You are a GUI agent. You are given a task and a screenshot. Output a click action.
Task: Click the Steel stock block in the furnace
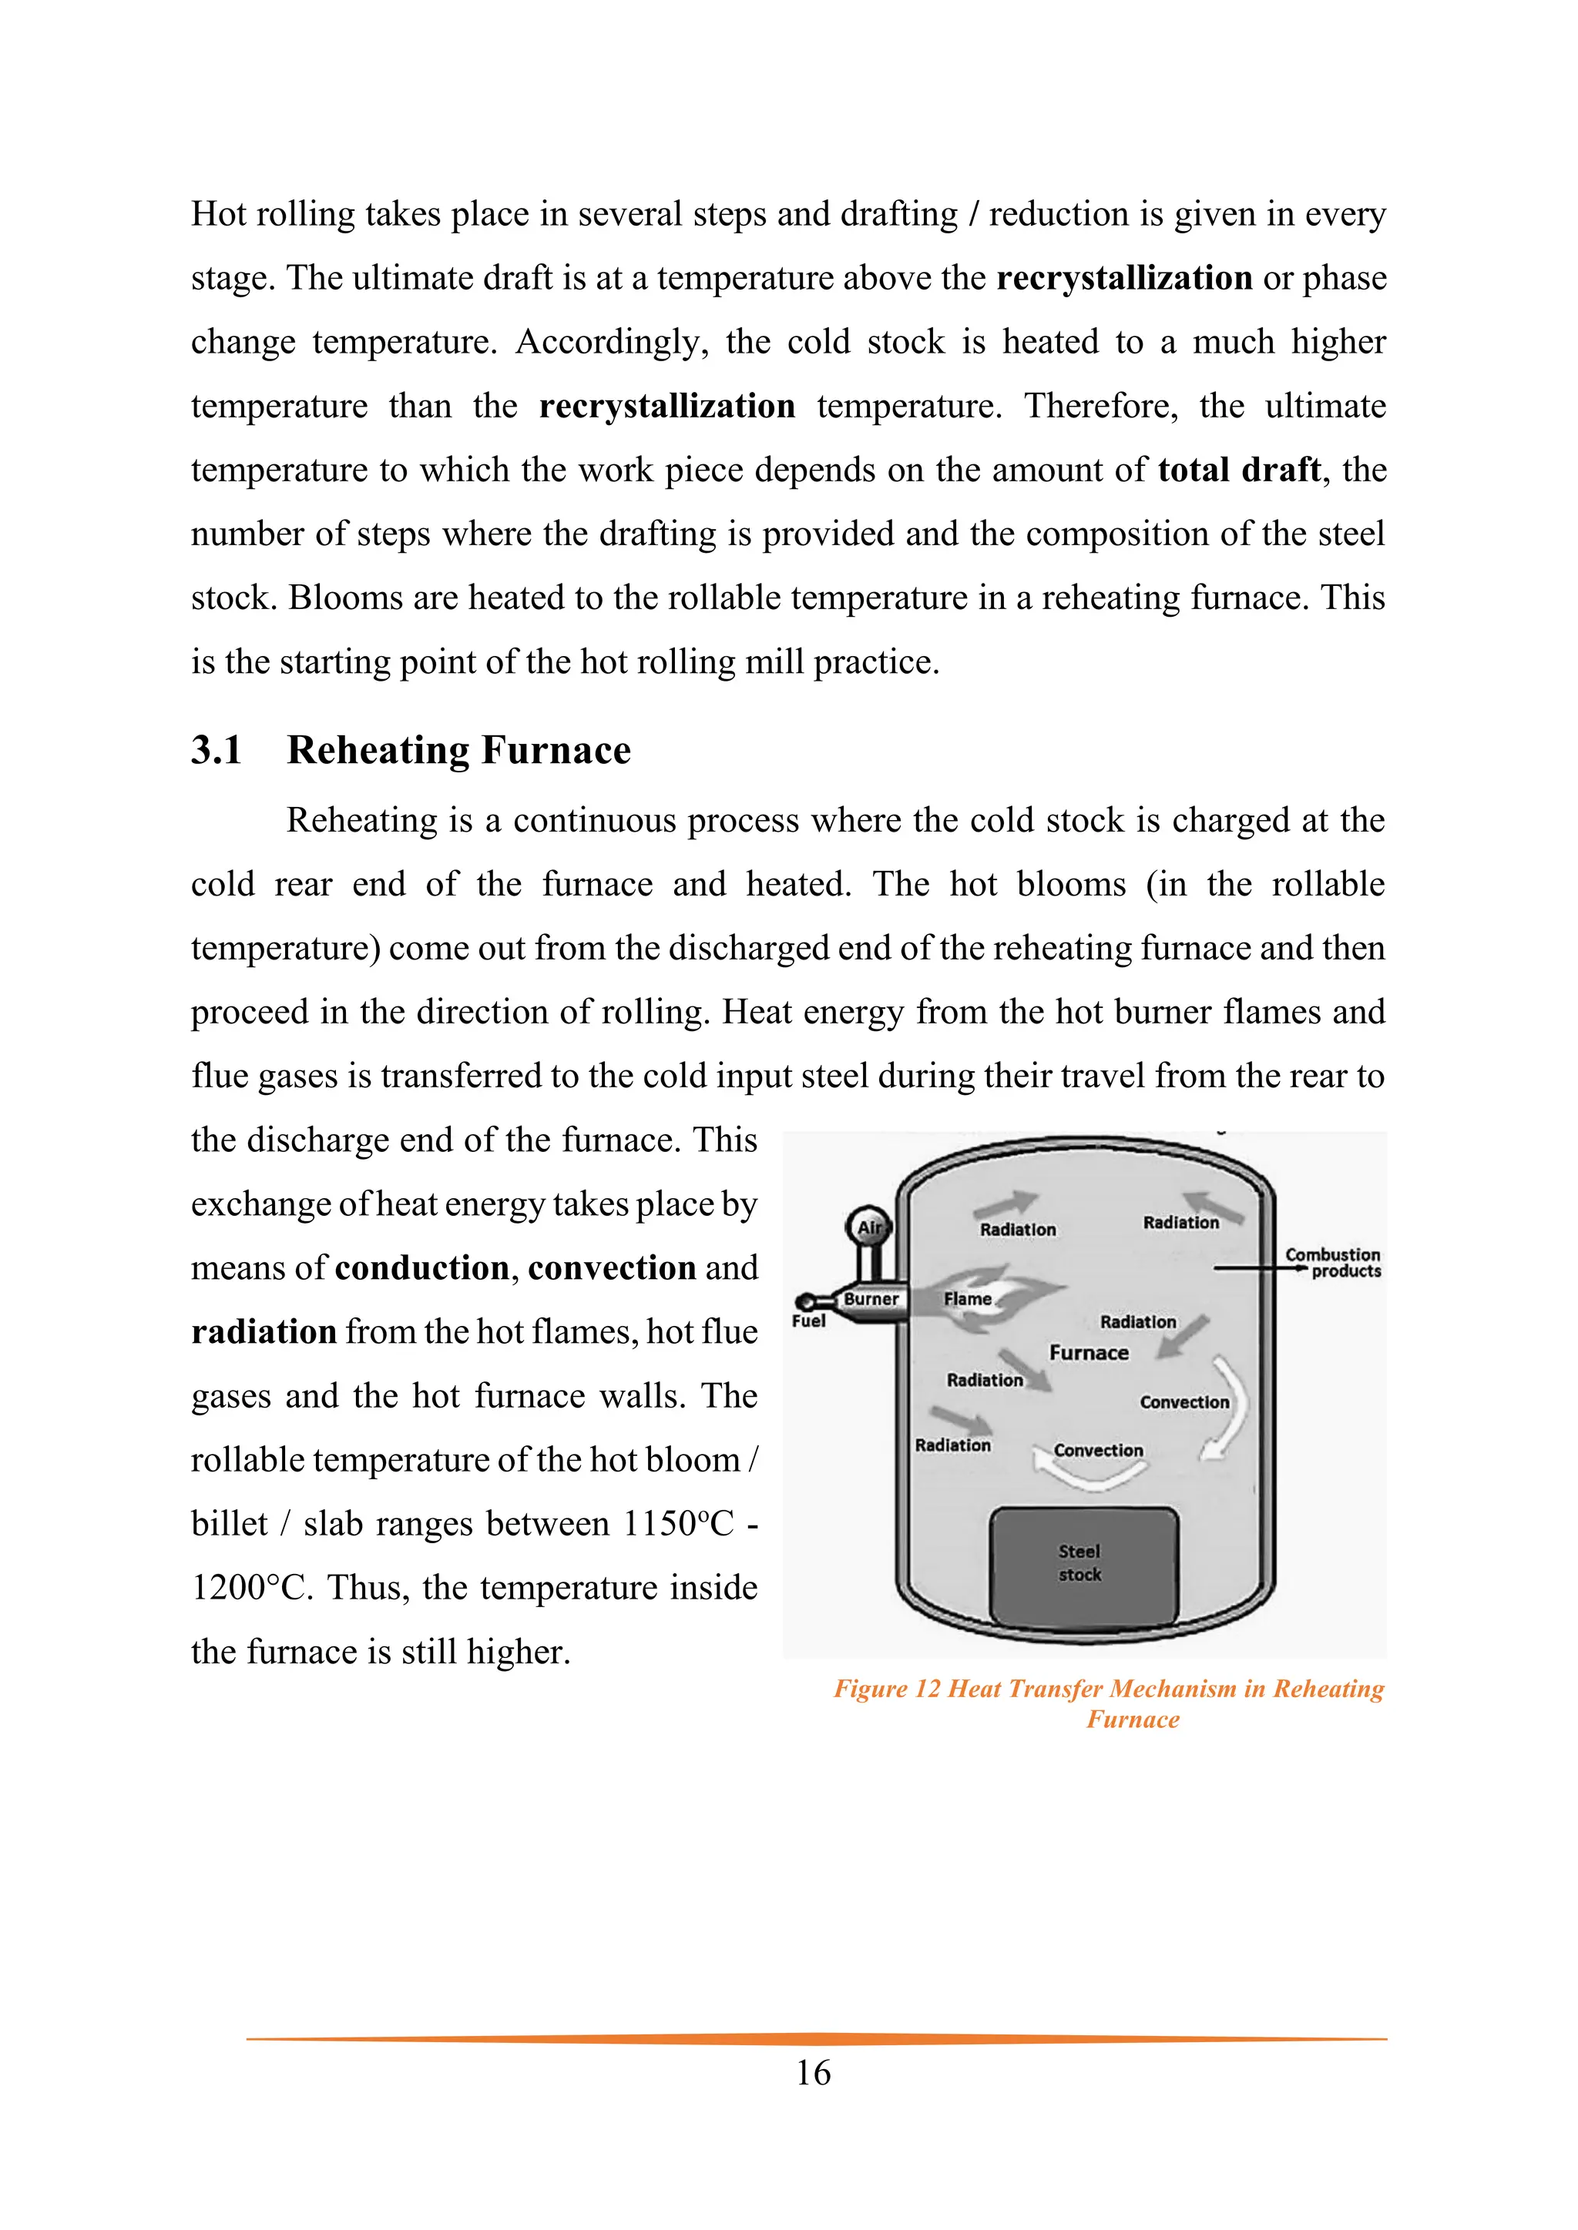point(1083,1564)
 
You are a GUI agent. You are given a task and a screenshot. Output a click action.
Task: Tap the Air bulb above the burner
point(868,1227)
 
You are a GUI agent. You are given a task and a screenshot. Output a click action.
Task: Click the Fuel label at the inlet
point(808,1321)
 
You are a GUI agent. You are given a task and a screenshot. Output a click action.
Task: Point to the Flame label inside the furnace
point(968,1298)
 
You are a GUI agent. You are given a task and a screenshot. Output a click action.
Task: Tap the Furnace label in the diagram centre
point(1088,1353)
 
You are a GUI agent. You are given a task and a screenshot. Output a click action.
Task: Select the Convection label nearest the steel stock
point(1098,1450)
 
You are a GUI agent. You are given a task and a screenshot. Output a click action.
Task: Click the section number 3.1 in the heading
point(216,751)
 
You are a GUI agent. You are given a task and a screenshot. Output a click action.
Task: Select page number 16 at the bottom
point(814,2073)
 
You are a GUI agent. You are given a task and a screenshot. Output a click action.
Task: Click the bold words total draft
point(1239,470)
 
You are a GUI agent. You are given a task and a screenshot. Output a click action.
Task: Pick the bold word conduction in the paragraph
point(421,1268)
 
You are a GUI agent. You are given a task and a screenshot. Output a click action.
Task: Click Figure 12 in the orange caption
point(887,1689)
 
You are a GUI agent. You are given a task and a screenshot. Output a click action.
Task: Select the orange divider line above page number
point(816,2039)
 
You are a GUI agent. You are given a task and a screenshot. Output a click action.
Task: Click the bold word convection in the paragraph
point(612,1268)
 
